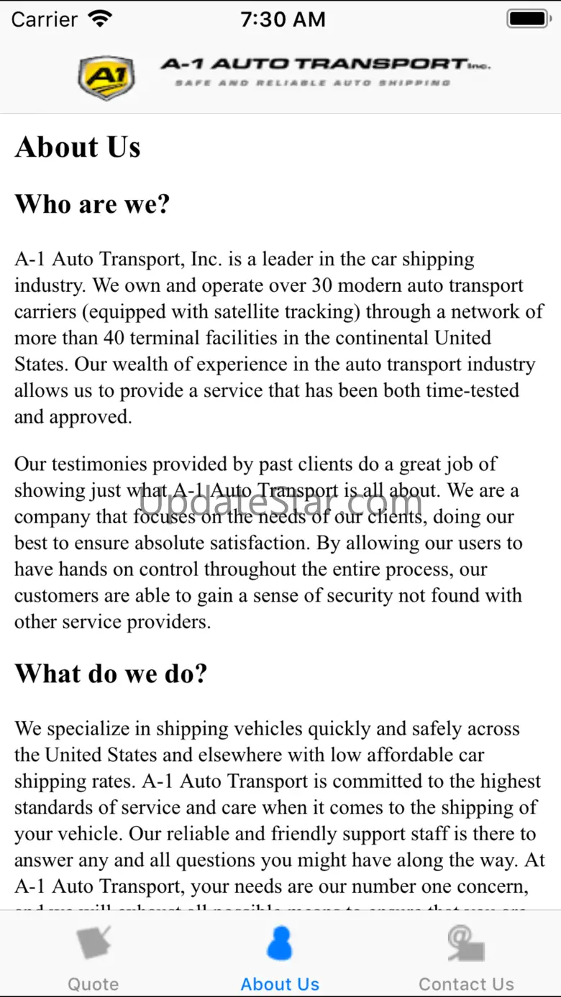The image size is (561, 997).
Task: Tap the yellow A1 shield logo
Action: point(106,78)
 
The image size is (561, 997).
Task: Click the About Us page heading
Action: point(78,147)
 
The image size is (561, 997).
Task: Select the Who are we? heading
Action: point(92,204)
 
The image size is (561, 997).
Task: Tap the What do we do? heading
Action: point(111,674)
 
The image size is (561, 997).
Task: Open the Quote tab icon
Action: point(93,944)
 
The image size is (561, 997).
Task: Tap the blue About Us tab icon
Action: point(280,944)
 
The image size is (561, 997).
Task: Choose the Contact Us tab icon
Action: point(466,944)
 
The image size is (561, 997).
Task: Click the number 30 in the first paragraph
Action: point(321,285)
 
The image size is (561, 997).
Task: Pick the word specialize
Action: point(97,729)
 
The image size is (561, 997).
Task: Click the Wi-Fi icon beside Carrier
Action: point(101,19)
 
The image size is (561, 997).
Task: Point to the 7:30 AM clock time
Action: point(283,19)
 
